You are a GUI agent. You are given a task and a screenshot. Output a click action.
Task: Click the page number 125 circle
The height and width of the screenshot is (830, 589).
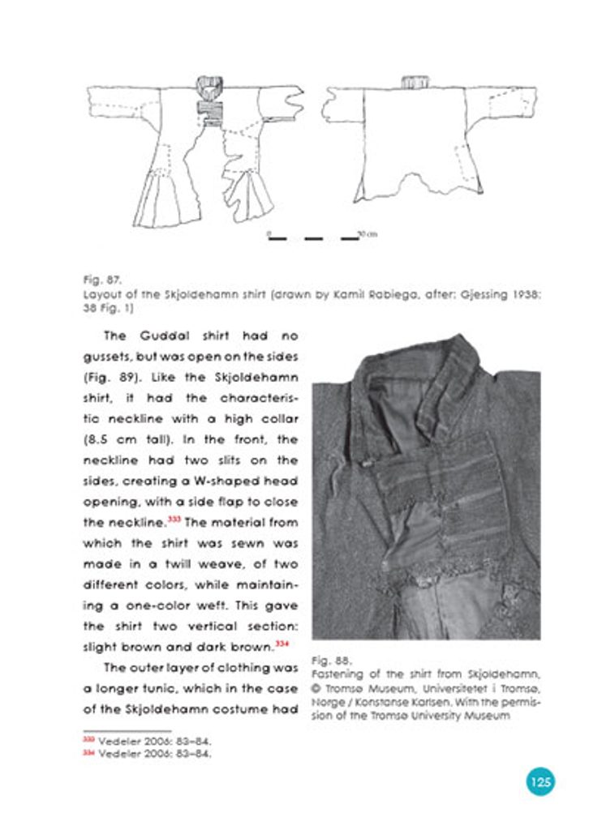(540, 781)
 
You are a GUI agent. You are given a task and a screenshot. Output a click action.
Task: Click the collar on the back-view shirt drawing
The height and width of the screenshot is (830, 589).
(415, 83)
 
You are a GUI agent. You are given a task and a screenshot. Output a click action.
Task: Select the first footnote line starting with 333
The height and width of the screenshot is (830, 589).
(148, 741)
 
